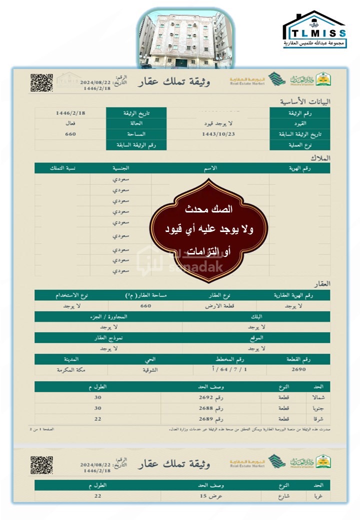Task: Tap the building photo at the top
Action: click(181, 39)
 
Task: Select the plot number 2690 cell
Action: click(298, 370)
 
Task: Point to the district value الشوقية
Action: click(145, 370)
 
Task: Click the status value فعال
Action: click(70, 123)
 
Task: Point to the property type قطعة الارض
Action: click(220, 306)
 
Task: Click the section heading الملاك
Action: click(320, 158)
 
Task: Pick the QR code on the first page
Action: click(41, 83)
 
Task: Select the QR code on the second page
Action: click(41, 465)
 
